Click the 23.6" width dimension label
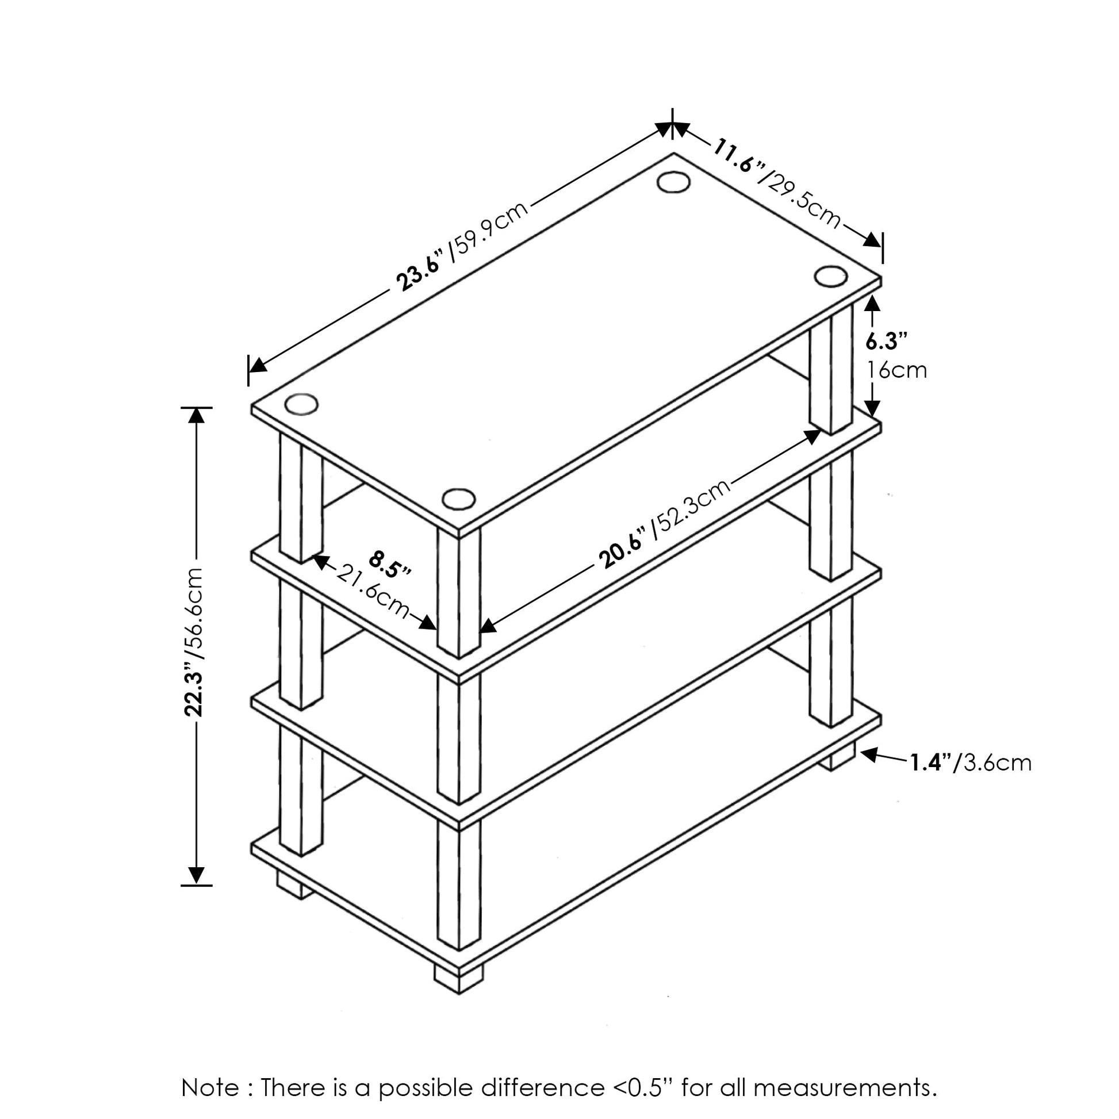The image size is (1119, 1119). pyautogui.click(x=421, y=269)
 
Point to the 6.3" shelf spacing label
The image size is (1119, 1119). pyautogui.click(x=886, y=341)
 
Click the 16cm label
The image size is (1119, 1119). pyautogui.click(x=896, y=370)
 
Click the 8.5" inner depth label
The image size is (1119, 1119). pyautogui.click(x=390, y=564)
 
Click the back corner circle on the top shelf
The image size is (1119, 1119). pyautogui.click(x=673, y=181)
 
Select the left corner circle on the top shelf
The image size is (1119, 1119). pyautogui.click(x=301, y=404)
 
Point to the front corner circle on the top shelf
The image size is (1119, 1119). pyautogui.click(x=459, y=499)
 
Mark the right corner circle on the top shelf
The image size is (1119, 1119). pyautogui.click(x=830, y=275)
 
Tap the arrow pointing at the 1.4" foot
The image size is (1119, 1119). pyautogui.click(x=883, y=756)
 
